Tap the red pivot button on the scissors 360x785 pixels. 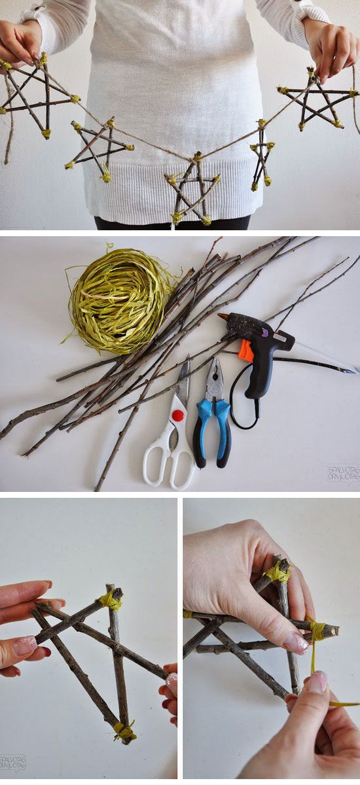tap(177, 416)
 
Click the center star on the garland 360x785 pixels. tap(192, 190)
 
